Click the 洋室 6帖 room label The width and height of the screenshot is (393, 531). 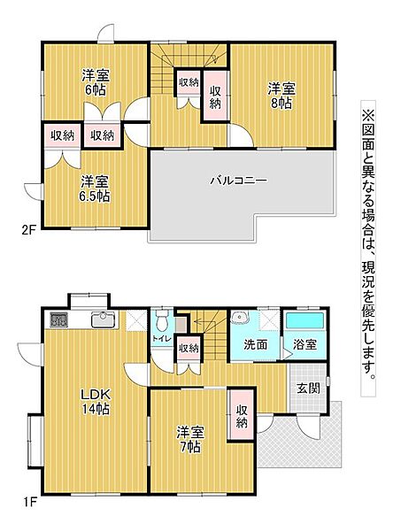(x=96, y=82)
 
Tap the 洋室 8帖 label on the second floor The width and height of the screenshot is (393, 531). (x=283, y=94)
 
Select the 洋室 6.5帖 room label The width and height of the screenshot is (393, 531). (x=92, y=189)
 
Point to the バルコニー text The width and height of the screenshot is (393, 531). (x=238, y=181)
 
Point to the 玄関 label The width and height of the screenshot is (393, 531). (x=308, y=388)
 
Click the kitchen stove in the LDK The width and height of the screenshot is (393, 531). (x=58, y=320)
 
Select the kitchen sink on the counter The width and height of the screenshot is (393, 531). (x=102, y=319)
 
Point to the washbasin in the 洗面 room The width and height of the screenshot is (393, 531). (x=240, y=319)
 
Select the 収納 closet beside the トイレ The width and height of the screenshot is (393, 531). (x=188, y=348)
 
